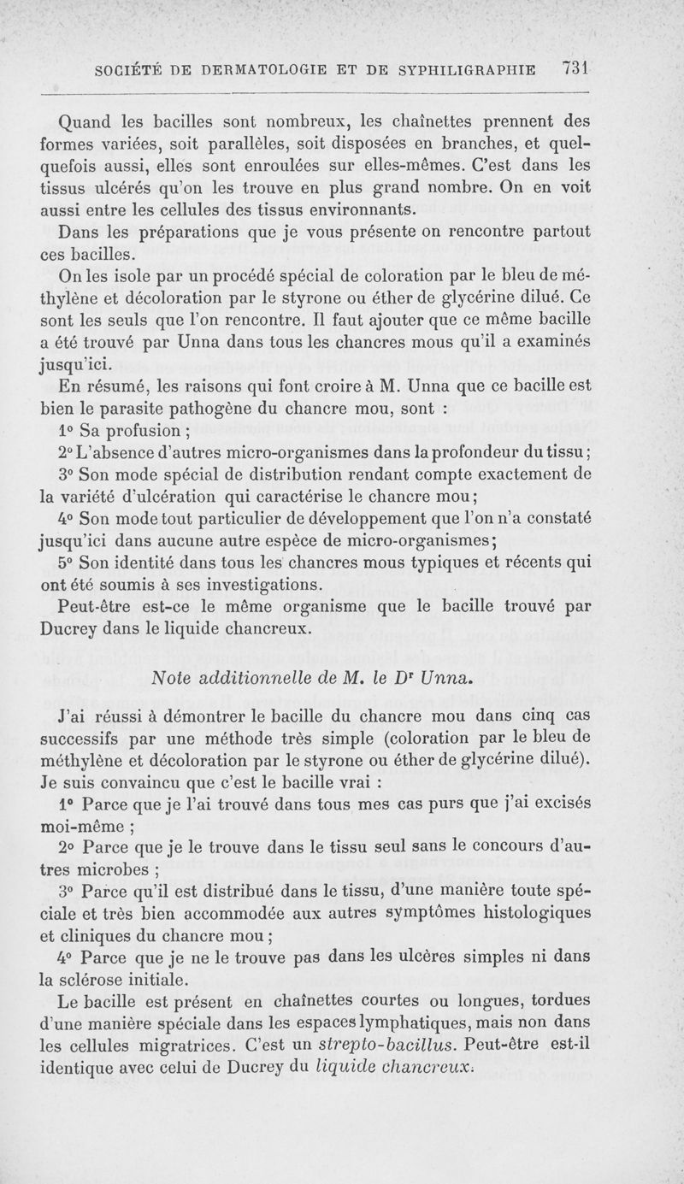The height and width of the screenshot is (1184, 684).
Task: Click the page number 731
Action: pyautogui.click(x=578, y=69)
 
